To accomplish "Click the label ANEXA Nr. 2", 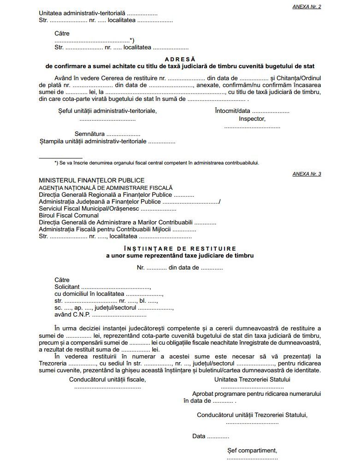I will point(307,6).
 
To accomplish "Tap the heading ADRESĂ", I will point(180,59).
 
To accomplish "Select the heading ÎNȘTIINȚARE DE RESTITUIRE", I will point(180,248).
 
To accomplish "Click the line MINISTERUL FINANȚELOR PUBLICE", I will point(92,181).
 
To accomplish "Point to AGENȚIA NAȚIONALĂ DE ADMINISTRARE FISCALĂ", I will point(106,188).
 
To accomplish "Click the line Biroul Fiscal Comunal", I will point(69,215).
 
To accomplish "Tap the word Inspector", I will point(252,118).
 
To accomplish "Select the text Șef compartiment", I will point(252,450).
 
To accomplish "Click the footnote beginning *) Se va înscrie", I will point(157,163).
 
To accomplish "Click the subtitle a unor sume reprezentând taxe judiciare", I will point(180,255).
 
